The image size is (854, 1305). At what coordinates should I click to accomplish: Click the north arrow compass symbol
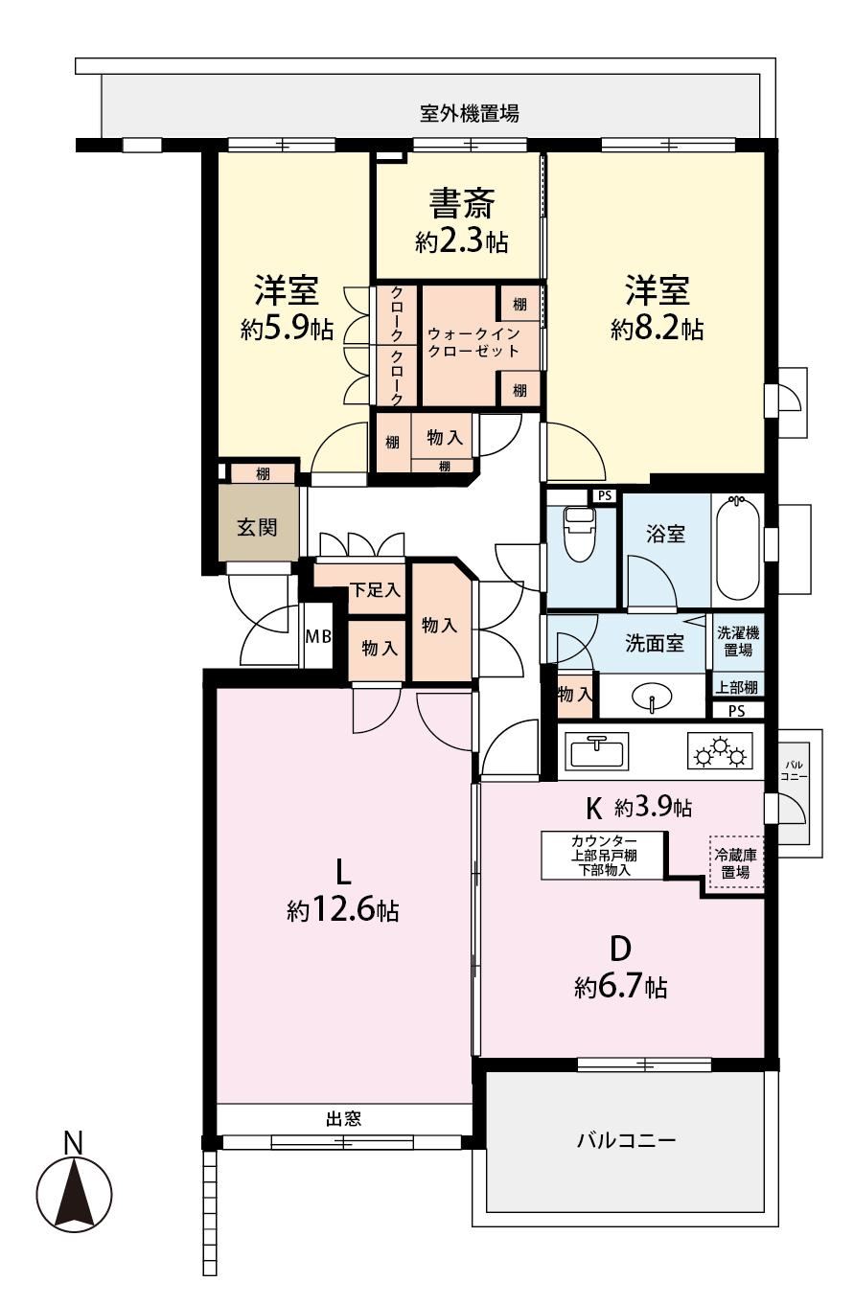(x=74, y=1191)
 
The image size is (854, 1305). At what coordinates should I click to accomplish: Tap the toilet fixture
(x=580, y=534)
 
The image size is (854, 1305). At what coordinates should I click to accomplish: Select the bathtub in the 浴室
(x=737, y=548)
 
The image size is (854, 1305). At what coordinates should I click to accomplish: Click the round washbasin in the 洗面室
(x=652, y=697)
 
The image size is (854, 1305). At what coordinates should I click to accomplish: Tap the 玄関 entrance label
(x=257, y=528)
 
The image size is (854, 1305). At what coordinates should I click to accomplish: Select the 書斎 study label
(x=462, y=203)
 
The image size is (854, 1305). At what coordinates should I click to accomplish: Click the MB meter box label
(x=318, y=635)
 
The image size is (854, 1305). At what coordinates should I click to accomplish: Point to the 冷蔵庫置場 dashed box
(x=736, y=863)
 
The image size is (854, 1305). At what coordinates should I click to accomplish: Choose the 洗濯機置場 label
(x=738, y=641)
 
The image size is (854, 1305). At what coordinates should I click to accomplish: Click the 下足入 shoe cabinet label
(x=375, y=590)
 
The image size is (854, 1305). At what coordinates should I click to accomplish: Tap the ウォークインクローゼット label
(x=473, y=343)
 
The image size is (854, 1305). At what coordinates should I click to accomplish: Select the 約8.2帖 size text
(x=657, y=330)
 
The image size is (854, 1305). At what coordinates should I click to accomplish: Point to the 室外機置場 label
(x=470, y=113)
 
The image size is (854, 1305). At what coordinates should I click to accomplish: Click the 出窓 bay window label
(x=343, y=1118)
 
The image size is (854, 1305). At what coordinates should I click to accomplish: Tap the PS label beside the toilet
(x=605, y=495)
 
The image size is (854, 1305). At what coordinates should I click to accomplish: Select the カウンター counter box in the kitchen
(x=603, y=856)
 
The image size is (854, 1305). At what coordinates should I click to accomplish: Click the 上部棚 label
(x=737, y=687)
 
